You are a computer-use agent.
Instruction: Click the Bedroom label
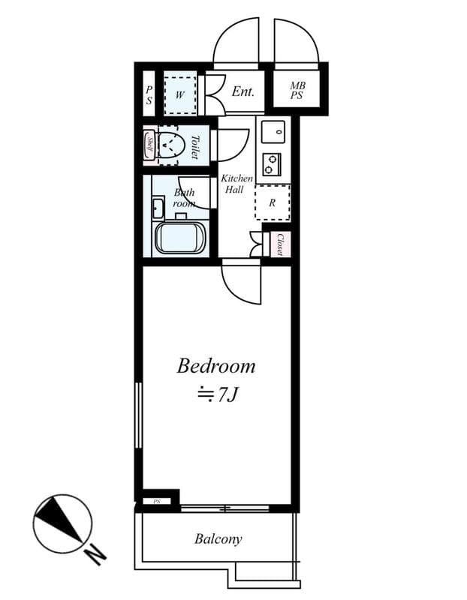pos(216,366)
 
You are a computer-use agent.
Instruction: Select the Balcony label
pos(218,538)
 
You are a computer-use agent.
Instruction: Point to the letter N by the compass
pos(95,556)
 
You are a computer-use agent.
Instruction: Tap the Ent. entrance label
pos(243,91)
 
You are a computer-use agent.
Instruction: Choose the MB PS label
pos(298,91)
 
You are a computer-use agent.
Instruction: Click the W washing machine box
pos(180,94)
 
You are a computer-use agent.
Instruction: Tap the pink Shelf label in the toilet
pos(149,144)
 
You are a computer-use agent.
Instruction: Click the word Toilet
pos(195,145)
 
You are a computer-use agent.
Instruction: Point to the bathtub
pos(179,237)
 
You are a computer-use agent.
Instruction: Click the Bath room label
pos(184,198)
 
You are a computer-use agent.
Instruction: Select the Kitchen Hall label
pos(236,184)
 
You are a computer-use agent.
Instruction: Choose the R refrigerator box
pos(272,202)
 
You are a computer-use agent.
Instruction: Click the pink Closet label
pos(280,244)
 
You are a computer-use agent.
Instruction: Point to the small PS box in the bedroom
pos(157,501)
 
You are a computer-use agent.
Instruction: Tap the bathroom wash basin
pos(158,206)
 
